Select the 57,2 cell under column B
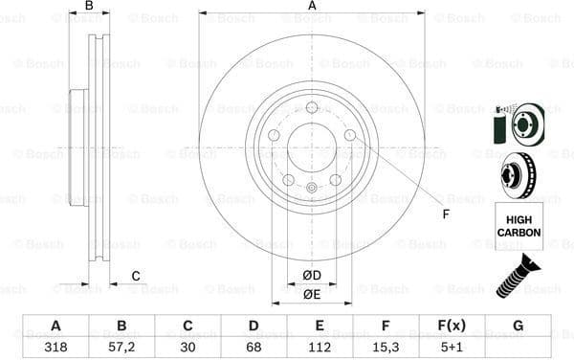pyautogui.click(x=121, y=348)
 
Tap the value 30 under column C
pyautogui.click(x=188, y=348)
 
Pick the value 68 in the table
pyautogui.click(x=254, y=348)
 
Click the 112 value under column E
pyautogui.click(x=320, y=348)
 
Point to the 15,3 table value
pyautogui.click(x=386, y=348)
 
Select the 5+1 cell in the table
pyautogui.click(x=452, y=348)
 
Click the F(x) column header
pyautogui.click(x=452, y=326)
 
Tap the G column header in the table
pyautogui.click(x=518, y=326)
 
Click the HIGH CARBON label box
pyautogui.click(x=519, y=226)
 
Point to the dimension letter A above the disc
pyautogui.click(x=312, y=6)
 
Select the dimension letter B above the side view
pyautogui.click(x=89, y=6)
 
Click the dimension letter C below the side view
pyautogui.click(x=136, y=277)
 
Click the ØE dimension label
pyautogui.click(x=311, y=294)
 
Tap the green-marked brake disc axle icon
pyautogui.click(x=518, y=123)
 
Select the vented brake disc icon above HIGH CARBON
pyautogui.click(x=518, y=175)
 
